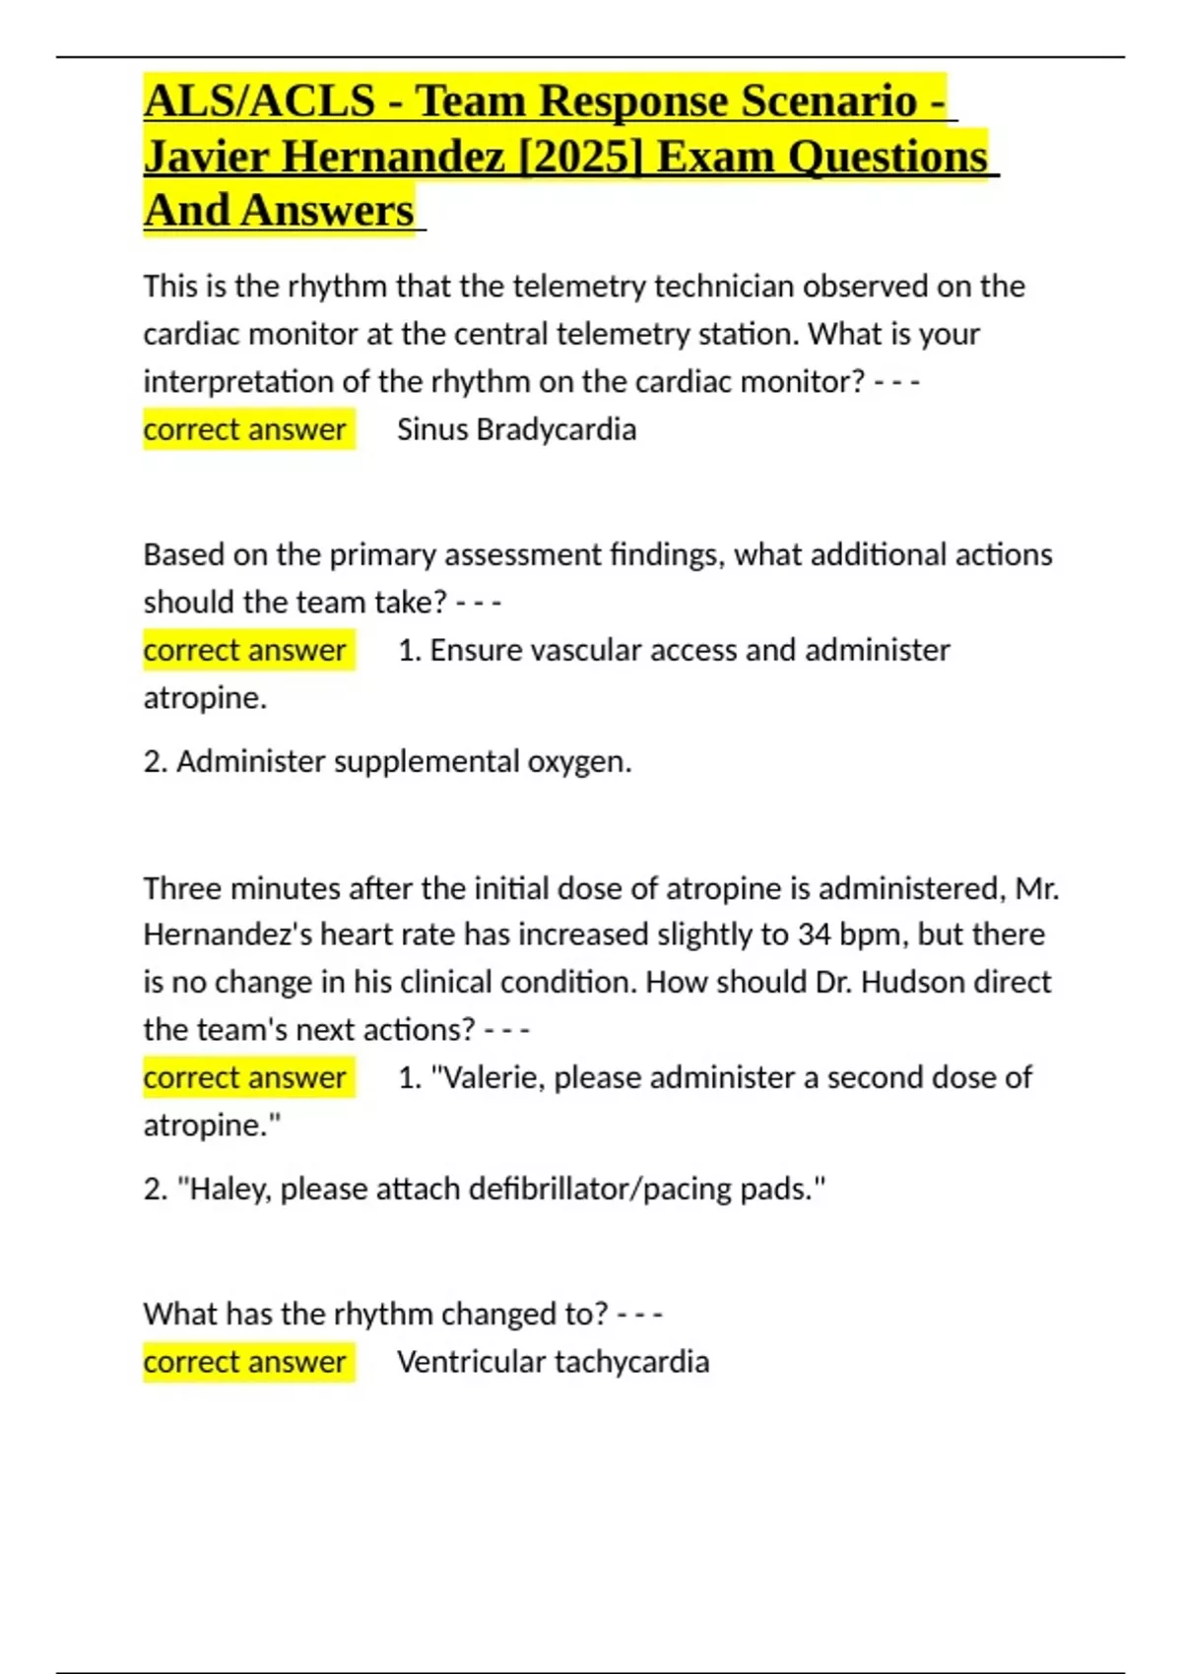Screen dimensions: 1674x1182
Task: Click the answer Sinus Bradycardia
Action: click(x=516, y=429)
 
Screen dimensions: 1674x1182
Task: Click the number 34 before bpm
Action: click(x=815, y=934)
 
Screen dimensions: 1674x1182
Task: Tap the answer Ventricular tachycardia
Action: click(x=553, y=1362)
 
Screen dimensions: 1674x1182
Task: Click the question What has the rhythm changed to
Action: click(x=375, y=1314)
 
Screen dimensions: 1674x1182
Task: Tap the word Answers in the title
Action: click(x=327, y=211)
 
